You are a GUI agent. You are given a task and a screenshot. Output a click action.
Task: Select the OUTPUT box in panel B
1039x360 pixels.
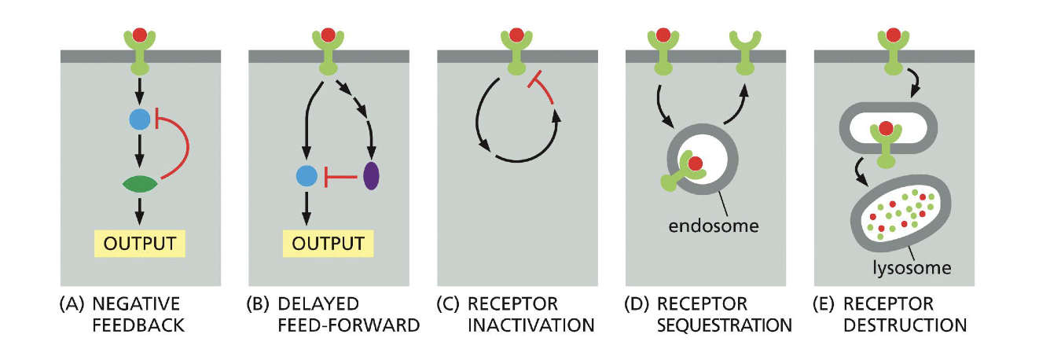(x=328, y=243)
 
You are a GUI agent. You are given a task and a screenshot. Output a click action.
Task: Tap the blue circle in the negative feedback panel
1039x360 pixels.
(x=140, y=119)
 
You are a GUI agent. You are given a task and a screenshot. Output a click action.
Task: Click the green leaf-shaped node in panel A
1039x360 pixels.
(x=141, y=185)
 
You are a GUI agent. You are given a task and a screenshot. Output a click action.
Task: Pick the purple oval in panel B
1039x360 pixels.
(x=371, y=176)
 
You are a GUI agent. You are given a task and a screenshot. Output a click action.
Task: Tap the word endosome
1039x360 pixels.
(x=713, y=227)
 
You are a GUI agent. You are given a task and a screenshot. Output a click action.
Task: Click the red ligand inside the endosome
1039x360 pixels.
(x=696, y=163)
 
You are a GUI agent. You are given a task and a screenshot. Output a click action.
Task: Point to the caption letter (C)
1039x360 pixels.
(x=451, y=304)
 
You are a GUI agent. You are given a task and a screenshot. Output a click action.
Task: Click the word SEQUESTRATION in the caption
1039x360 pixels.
(x=723, y=324)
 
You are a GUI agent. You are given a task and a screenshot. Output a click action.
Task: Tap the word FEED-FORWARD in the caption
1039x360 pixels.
(x=345, y=324)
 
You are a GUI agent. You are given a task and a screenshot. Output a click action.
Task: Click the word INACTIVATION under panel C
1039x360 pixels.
(x=531, y=324)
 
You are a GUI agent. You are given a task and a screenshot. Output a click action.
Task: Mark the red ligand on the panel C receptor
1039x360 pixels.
(x=516, y=34)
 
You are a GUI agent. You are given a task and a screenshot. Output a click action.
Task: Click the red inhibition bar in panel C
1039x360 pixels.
(x=541, y=86)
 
